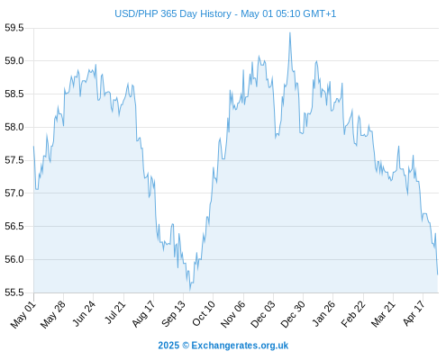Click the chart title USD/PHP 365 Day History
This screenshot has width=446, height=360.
(x=173, y=13)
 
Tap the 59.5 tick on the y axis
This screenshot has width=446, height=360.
(x=14, y=28)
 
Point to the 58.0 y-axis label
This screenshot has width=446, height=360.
(x=14, y=127)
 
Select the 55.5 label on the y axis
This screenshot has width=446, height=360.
(x=14, y=292)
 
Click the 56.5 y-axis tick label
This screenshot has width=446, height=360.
(x=14, y=226)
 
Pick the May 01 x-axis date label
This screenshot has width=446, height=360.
(x=23, y=314)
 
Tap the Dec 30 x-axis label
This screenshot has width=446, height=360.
(x=293, y=314)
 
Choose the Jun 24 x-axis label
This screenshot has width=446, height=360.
(x=84, y=313)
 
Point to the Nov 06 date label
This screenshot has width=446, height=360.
(x=232, y=314)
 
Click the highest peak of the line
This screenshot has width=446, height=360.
(x=290, y=32)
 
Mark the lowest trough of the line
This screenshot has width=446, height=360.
(x=190, y=291)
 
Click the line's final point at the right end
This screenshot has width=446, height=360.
(x=438, y=274)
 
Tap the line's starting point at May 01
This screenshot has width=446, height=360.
(x=33, y=146)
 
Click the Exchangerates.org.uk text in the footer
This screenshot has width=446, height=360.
(x=240, y=346)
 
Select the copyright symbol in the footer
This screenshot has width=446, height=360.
(x=186, y=346)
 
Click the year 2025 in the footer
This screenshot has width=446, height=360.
(x=168, y=346)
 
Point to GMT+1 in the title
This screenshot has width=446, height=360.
(x=319, y=13)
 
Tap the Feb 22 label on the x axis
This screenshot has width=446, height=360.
(x=353, y=314)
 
